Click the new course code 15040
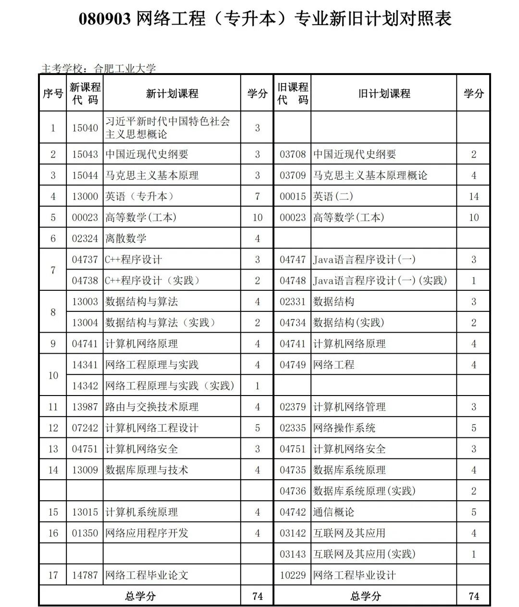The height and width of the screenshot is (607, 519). [85, 128]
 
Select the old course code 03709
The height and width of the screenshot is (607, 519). [293, 175]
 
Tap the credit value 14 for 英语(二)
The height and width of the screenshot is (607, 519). [473, 197]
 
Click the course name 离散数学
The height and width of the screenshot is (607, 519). [126, 238]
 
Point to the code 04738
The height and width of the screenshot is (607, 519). [85, 281]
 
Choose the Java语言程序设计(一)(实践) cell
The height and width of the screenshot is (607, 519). [380, 281]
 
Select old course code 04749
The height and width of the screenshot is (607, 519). [293, 365]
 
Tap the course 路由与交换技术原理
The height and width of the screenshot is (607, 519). [152, 407]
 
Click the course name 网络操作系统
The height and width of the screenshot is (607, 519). [344, 428]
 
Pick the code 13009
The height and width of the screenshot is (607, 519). [85, 470]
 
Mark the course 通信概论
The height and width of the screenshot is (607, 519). [334, 512]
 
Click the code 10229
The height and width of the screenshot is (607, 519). [293, 575]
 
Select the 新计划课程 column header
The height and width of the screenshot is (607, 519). [172, 94]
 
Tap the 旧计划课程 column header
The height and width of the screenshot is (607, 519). [383, 94]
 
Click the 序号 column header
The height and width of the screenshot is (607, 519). [53, 94]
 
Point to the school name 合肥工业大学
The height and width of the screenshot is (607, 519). [124, 69]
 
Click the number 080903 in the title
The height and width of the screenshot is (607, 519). [104, 19]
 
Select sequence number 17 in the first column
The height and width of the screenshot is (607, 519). [53, 575]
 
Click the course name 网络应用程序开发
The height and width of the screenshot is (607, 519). [147, 533]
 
